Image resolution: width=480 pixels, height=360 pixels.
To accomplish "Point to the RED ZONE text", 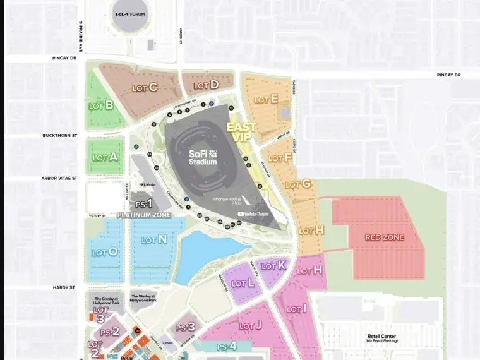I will (x=384, y=237).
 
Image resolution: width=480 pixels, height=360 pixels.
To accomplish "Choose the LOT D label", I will (x=206, y=85).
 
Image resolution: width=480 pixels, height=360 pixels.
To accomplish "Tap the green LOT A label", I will (x=105, y=157).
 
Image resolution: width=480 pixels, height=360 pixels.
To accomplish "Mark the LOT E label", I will (x=266, y=99).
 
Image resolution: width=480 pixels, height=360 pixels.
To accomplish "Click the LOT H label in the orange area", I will (x=311, y=231).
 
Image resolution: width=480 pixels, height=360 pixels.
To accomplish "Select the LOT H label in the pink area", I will (x=309, y=270).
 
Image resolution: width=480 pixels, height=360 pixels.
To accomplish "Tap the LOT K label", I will (x=274, y=265).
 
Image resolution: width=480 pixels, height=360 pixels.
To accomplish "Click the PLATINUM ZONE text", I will (x=144, y=215).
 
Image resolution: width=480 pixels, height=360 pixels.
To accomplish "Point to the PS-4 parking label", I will (x=226, y=346).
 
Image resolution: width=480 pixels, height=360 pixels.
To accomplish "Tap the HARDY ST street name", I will (x=63, y=287).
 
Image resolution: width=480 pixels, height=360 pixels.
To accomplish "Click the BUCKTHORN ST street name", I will (x=59, y=135).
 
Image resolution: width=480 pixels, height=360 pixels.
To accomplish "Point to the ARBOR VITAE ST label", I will (x=59, y=179).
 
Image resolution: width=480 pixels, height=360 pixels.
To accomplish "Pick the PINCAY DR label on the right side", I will (x=448, y=75).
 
